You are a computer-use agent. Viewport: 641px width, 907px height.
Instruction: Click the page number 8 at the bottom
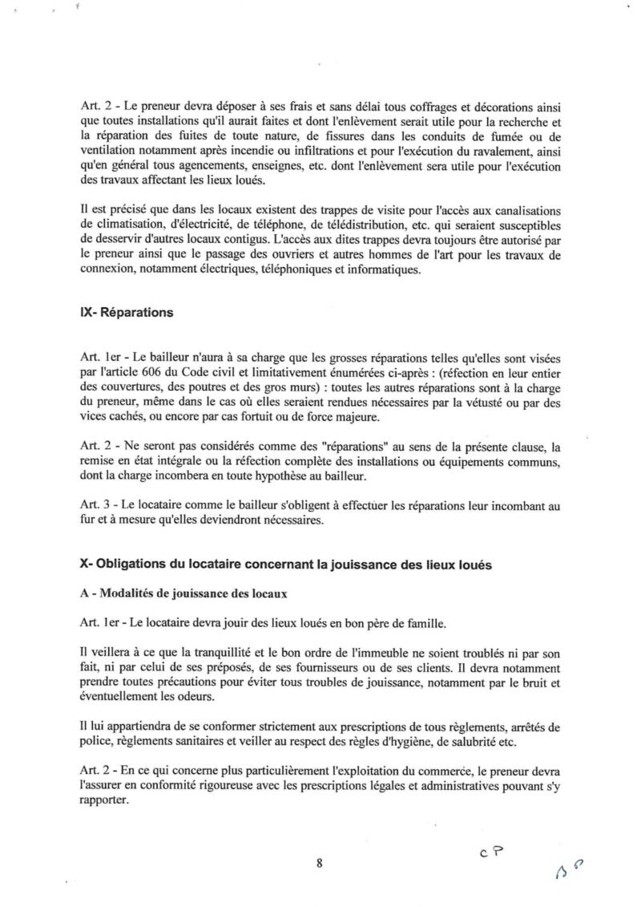point(319,863)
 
